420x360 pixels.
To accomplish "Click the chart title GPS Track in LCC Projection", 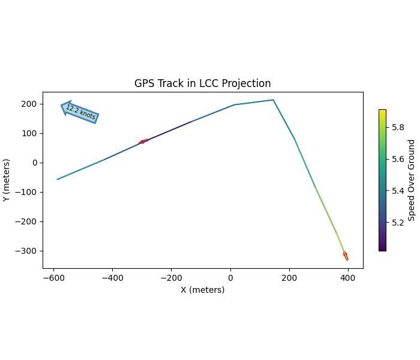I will pyautogui.click(x=202, y=83).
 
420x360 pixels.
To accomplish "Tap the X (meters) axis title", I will pyautogui.click(x=203, y=290).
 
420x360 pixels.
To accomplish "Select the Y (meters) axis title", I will pyautogui.click(x=7, y=180).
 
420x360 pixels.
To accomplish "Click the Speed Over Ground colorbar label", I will pyautogui.click(x=412, y=180).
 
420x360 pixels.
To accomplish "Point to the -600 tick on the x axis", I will pyautogui.click(x=54, y=278).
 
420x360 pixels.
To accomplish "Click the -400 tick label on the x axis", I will pyautogui.click(x=113, y=278).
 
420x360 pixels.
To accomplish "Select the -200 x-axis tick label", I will pyautogui.click(x=172, y=278).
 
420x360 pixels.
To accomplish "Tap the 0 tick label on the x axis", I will pyautogui.click(x=230, y=278).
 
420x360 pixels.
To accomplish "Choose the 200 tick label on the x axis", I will pyautogui.click(x=289, y=278).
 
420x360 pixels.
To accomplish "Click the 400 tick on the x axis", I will pyautogui.click(x=348, y=278).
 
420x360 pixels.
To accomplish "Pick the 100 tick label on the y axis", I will pyautogui.click(x=30, y=133).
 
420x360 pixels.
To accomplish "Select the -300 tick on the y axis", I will pyautogui.click(x=28, y=251).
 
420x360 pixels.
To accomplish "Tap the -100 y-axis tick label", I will pyautogui.click(x=28, y=192).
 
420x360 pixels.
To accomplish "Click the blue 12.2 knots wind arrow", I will pyautogui.click(x=80, y=112).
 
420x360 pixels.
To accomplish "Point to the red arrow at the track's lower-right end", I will pyautogui.click(x=346, y=256).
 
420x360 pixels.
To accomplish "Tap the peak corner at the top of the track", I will pyautogui.click(x=273, y=100).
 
